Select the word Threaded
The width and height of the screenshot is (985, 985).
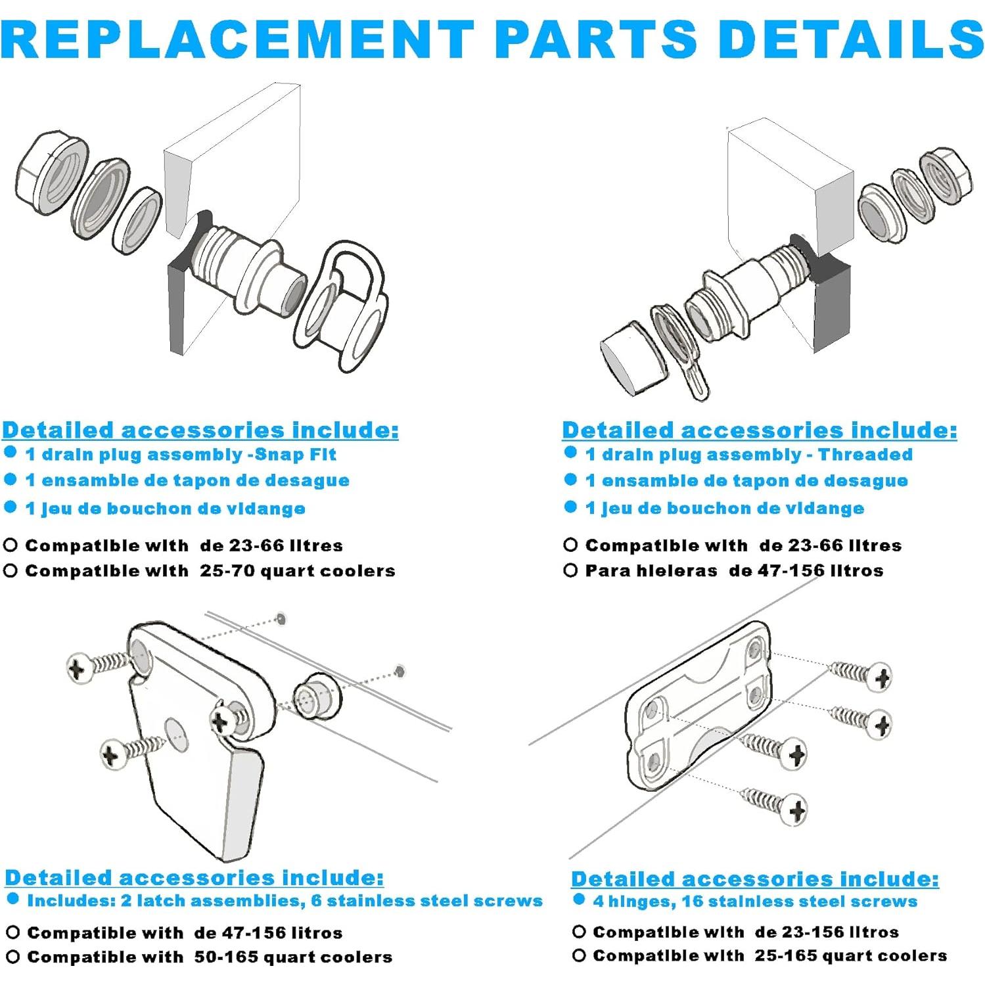(x=865, y=455)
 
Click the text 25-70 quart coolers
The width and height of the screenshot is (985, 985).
(x=298, y=571)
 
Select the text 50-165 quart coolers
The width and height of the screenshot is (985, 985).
(x=293, y=957)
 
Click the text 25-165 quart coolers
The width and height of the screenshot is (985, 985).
(x=850, y=956)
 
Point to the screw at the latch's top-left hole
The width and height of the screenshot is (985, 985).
(x=99, y=665)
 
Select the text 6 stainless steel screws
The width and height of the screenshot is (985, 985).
(x=427, y=901)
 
